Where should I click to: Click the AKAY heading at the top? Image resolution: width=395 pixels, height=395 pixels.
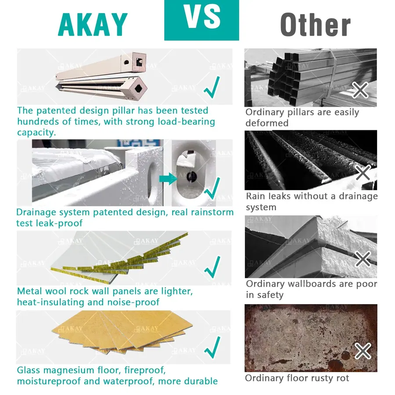pyautogui.click(x=93, y=25)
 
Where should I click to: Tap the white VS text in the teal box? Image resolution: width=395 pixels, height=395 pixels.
pyautogui.click(x=202, y=17)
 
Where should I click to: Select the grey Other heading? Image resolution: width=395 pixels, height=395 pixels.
pyautogui.click(x=316, y=25)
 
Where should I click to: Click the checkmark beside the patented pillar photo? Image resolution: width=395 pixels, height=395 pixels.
pyautogui.click(x=212, y=87)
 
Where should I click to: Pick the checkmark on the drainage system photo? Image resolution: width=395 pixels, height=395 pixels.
pyautogui.click(x=212, y=188)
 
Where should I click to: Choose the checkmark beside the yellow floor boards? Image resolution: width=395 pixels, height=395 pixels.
pyautogui.click(x=212, y=348)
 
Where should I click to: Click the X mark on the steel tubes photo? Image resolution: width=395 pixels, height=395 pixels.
pyautogui.click(x=360, y=90)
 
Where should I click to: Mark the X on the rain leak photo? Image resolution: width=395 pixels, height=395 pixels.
pyautogui.click(x=363, y=172)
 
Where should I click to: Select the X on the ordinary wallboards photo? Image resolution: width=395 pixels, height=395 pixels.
pyautogui.click(x=363, y=259)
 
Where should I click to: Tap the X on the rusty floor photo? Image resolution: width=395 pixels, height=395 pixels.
pyautogui.click(x=363, y=351)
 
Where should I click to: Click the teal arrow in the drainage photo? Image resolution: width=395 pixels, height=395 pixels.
pyautogui.click(x=168, y=179)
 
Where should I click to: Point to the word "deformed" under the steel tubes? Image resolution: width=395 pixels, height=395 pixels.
pyautogui.click(x=267, y=123)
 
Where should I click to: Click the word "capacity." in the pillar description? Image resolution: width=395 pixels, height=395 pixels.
pyautogui.click(x=36, y=133)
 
